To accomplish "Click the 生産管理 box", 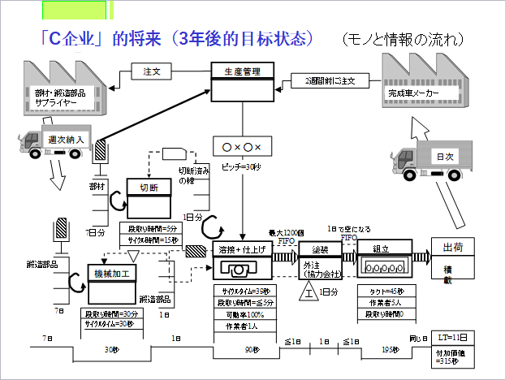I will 241,71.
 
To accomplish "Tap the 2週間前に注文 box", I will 330,81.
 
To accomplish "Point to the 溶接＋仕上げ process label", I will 240,248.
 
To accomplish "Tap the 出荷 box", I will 447,247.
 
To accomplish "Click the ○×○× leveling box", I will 240,147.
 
